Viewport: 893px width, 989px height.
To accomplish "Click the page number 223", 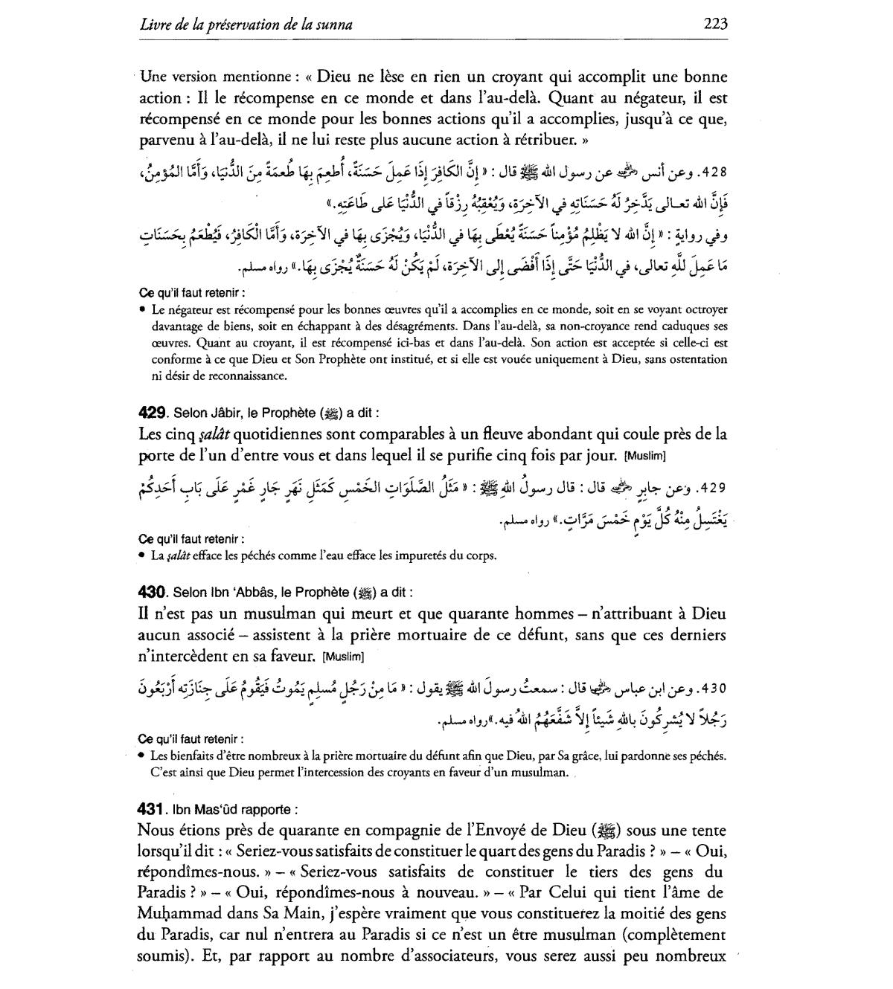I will tap(714, 24).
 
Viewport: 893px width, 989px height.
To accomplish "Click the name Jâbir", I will tap(223, 413).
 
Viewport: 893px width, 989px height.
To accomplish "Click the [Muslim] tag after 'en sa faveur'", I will tap(345, 657).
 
